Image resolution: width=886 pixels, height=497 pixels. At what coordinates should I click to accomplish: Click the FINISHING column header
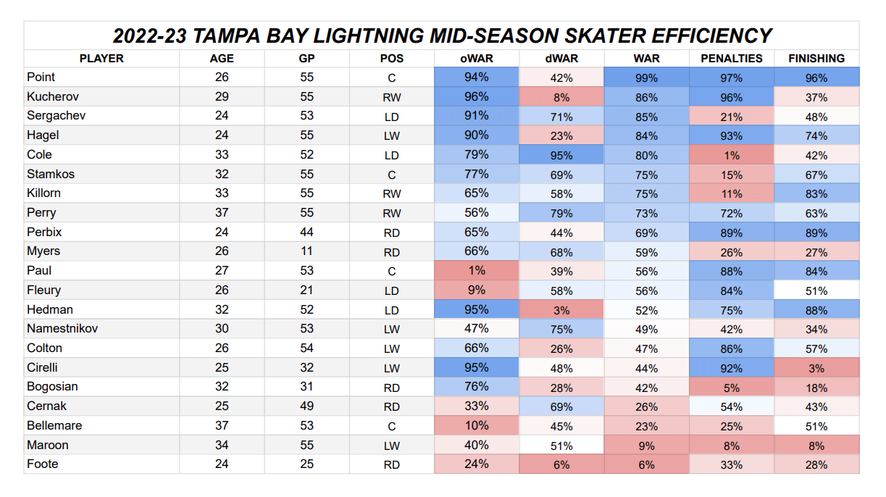(816, 58)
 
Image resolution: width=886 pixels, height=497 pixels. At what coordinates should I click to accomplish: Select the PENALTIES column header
(732, 58)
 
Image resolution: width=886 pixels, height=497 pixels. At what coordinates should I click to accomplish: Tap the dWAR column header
(561, 58)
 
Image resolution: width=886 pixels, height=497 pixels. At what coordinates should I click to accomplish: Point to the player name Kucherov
(53, 96)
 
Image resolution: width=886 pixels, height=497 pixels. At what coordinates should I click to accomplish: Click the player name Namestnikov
(62, 328)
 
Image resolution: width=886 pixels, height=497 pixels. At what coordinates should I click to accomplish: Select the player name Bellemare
(54, 425)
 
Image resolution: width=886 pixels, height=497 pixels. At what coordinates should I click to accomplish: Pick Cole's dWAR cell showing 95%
(561, 155)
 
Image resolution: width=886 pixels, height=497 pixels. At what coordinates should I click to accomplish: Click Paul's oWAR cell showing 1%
(477, 270)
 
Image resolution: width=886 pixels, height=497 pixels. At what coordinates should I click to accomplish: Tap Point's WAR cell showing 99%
(646, 78)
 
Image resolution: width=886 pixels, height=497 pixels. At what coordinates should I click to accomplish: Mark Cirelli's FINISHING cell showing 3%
(816, 367)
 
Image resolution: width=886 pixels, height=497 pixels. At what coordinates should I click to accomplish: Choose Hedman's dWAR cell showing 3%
(561, 309)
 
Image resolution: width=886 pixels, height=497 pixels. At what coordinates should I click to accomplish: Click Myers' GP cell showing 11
(306, 251)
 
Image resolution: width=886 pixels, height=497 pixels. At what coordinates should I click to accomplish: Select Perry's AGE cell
(222, 213)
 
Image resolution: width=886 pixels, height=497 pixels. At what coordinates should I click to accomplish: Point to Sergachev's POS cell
(392, 116)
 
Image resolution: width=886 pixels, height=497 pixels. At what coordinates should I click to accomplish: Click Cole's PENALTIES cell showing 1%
(732, 155)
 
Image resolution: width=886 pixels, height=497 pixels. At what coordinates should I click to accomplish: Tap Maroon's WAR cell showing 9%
(646, 445)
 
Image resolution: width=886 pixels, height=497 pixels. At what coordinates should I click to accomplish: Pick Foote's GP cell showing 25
(306, 464)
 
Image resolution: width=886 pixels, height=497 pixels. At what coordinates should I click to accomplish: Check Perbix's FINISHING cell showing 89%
(816, 233)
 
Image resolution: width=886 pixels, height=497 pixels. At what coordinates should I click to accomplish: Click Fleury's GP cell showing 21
(306, 290)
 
